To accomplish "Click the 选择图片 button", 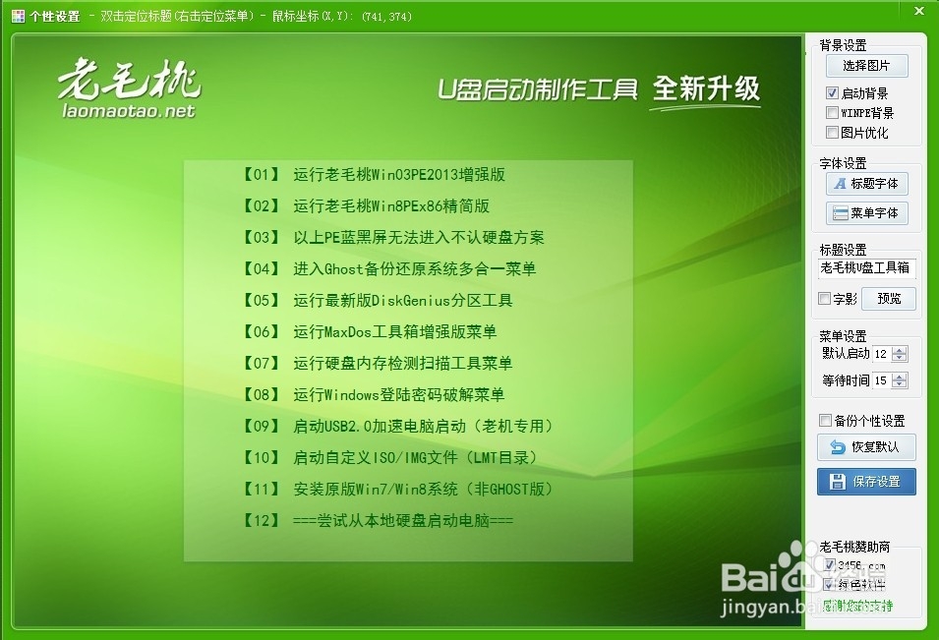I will click(866, 66).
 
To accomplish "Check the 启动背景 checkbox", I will click(833, 93).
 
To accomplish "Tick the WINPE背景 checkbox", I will click(833, 113).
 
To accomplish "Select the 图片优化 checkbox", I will click(833, 133).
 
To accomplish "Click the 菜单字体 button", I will click(866, 213).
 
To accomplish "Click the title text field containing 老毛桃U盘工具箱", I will click(866, 268).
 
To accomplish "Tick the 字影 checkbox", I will click(825, 299).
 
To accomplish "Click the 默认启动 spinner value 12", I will click(880, 354).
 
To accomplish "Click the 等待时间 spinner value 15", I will click(880, 380).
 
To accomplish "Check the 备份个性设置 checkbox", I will click(825, 421).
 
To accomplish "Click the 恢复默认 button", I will click(866, 447).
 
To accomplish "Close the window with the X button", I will click(916, 11).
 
